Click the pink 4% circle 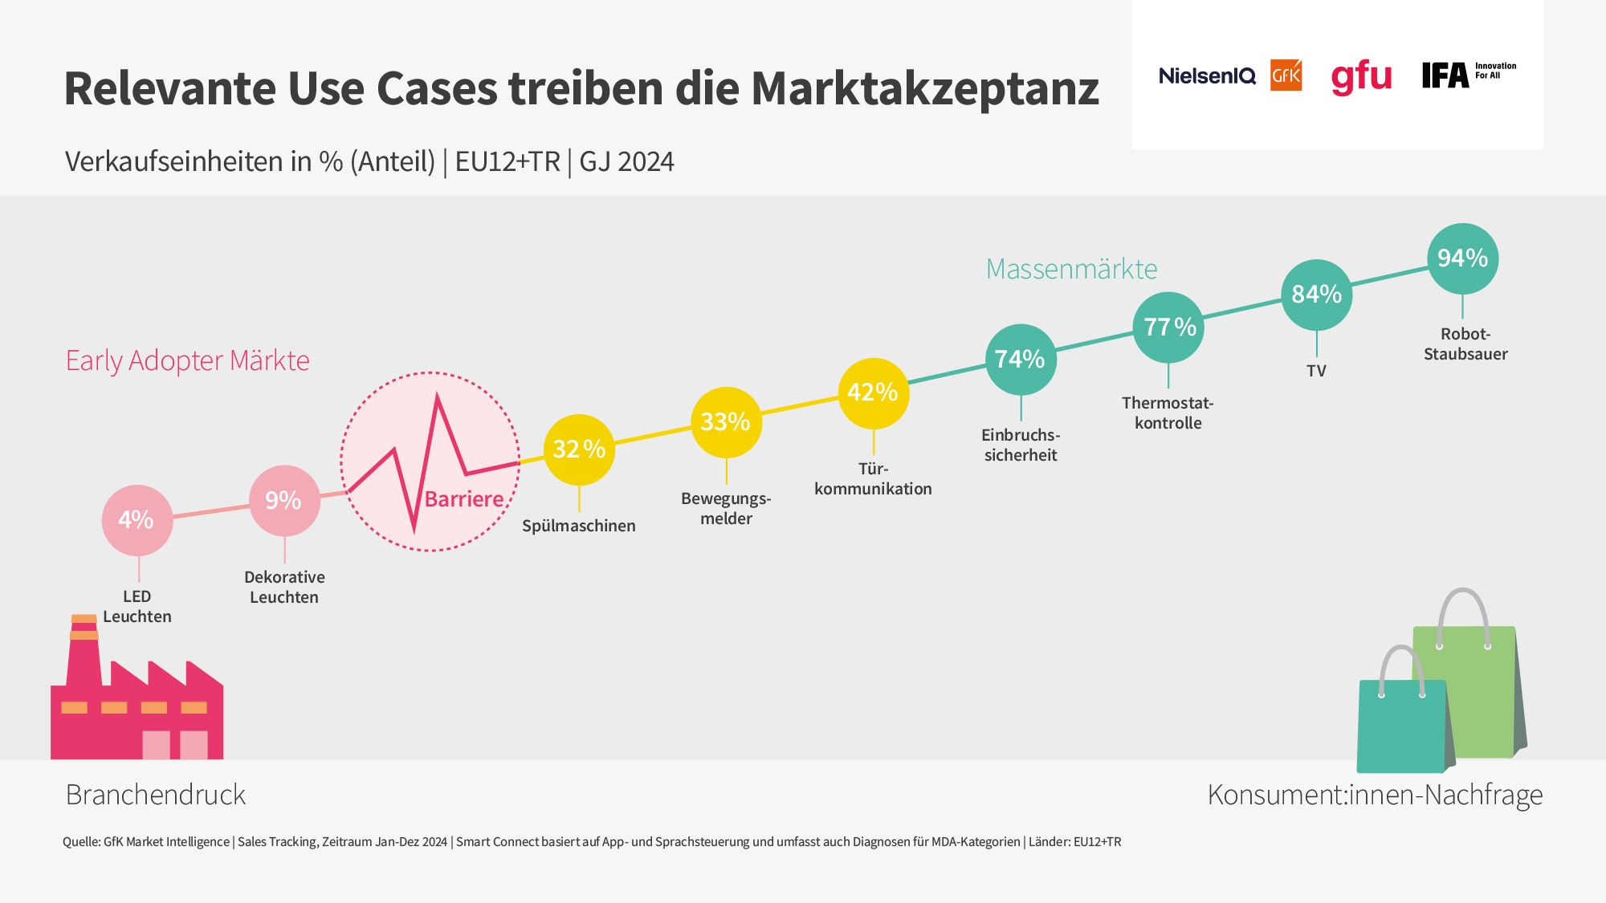[137, 520]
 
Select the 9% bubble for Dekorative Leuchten [284, 500]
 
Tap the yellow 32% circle [579, 449]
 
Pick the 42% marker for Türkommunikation [873, 393]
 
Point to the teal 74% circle [1021, 359]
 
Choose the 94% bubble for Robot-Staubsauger [1462, 258]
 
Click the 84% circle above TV [1316, 295]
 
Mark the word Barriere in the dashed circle [464, 499]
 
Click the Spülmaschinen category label [579, 526]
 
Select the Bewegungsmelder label [726, 508]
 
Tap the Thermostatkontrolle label [1168, 413]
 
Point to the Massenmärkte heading [1071, 269]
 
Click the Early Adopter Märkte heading [188, 360]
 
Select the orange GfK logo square [1286, 75]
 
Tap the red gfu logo [1361, 77]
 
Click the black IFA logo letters [1445, 75]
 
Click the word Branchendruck [156, 795]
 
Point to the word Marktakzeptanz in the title [925, 88]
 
